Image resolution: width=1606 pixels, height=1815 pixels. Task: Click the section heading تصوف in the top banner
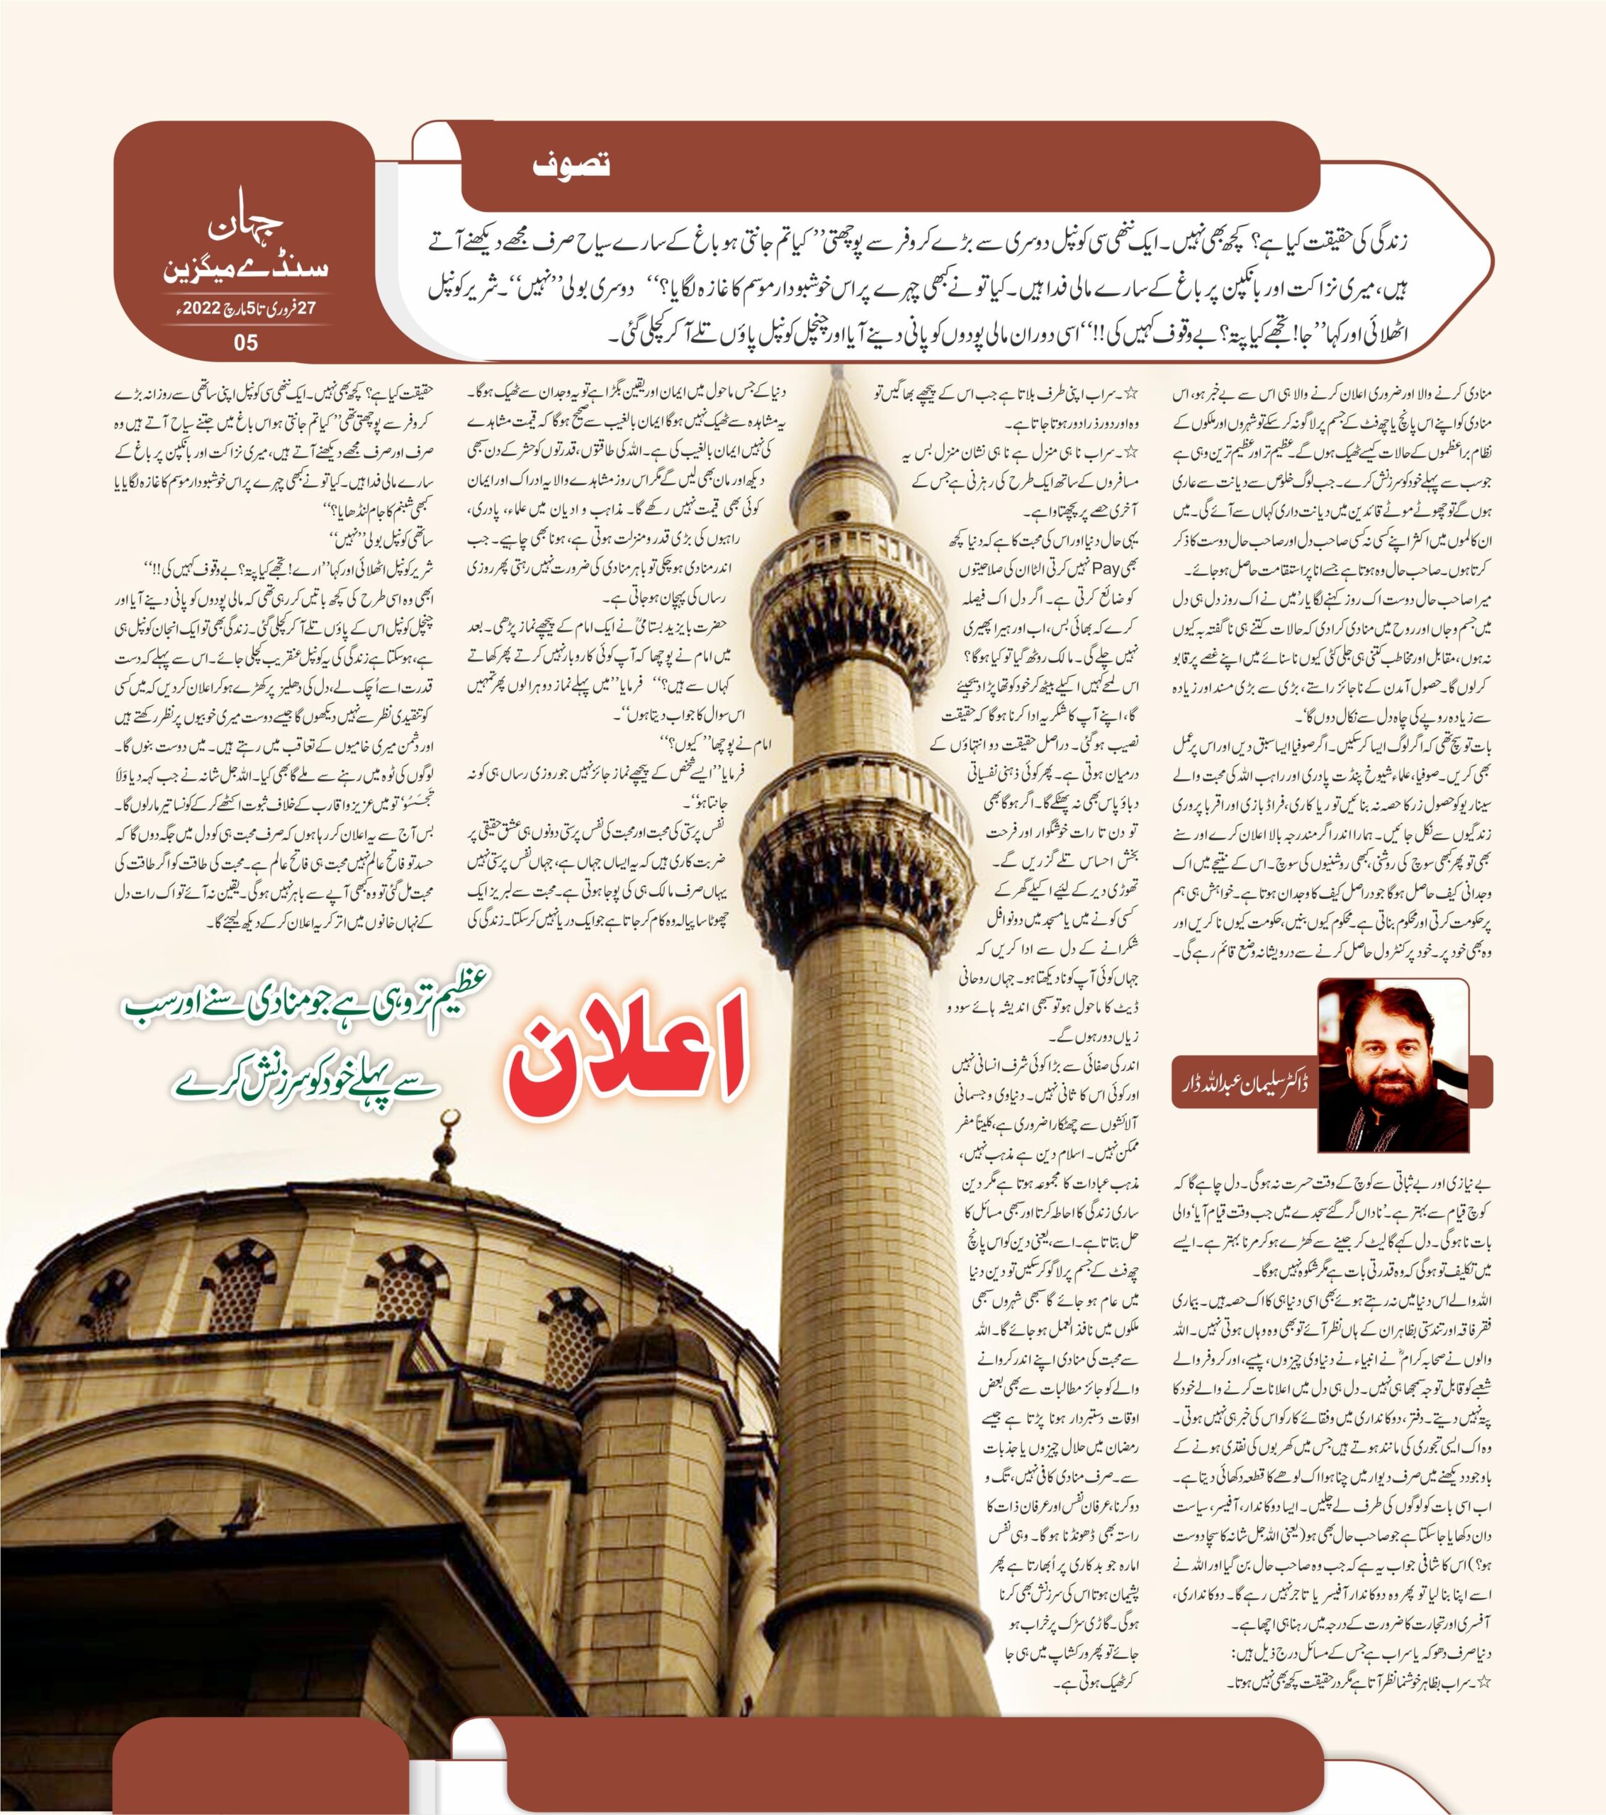click(x=572, y=165)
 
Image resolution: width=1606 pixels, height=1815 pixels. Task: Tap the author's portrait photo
click(x=1392, y=1063)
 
